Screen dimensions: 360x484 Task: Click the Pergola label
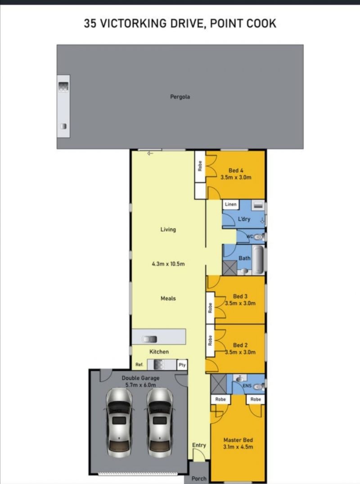[180, 97]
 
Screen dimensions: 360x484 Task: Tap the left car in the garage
[119, 422]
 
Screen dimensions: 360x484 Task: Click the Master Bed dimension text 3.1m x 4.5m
[238, 447]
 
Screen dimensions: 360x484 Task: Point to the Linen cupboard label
[231, 204]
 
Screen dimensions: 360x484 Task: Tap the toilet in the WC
[259, 237]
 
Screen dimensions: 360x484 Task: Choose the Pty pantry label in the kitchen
[182, 365]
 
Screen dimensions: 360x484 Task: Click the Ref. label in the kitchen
[139, 365]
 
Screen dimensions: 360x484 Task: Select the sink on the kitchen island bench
[149, 339]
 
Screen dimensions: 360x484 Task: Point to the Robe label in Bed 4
[200, 166]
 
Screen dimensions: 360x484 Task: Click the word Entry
[199, 445]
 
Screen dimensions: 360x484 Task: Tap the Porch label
[199, 479]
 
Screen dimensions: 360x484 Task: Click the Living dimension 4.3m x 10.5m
[168, 264]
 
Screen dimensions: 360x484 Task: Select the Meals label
[168, 299]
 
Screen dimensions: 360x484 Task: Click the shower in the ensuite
[219, 384]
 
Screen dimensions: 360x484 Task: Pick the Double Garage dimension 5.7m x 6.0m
[141, 385]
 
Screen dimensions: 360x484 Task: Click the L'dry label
[244, 219]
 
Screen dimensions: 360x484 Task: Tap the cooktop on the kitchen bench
[158, 365]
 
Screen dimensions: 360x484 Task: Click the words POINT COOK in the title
[243, 23]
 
